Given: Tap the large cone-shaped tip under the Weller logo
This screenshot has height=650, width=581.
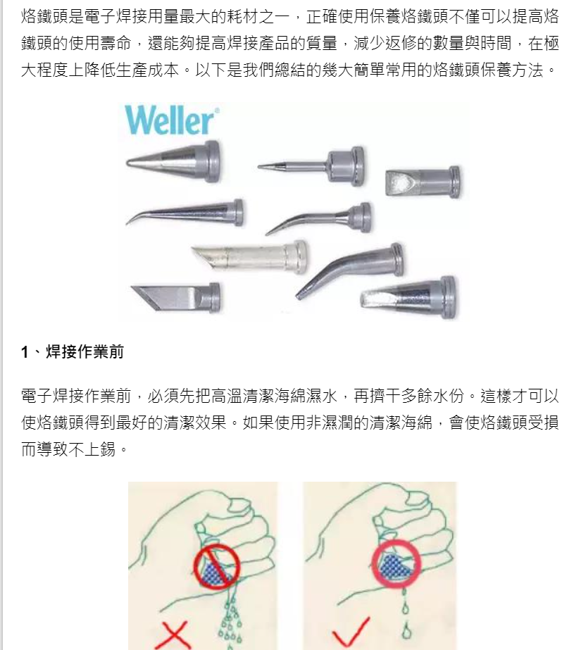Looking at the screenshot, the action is (173, 162).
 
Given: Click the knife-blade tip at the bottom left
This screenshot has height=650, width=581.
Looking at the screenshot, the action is (176, 297).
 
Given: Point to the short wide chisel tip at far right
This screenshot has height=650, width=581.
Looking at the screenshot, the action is (423, 182).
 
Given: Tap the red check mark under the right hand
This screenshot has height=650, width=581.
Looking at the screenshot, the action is (350, 632).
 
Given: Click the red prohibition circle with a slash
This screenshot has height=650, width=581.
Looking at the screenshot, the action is (217, 566).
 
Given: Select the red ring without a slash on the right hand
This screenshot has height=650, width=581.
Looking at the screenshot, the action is (396, 564).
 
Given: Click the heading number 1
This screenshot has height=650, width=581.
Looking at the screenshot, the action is (25, 352).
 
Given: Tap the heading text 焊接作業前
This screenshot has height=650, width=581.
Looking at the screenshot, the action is (85, 351).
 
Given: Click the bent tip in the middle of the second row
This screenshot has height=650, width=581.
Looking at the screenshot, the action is (318, 218).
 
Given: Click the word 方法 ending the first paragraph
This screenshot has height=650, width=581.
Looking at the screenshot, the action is (527, 70).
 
